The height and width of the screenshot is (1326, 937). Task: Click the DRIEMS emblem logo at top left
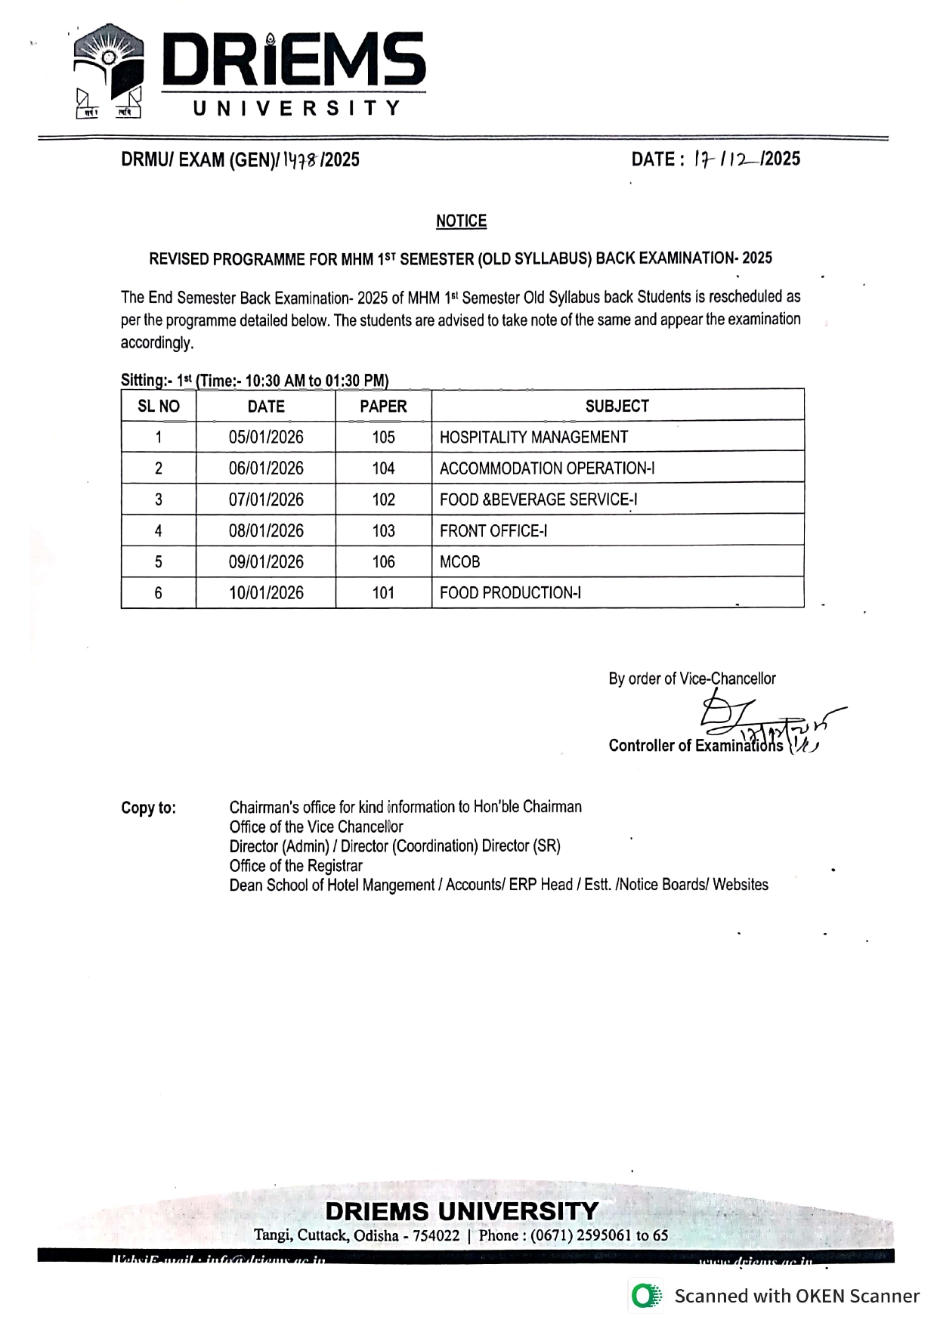[108, 70]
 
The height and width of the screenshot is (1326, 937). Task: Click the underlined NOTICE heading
[461, 221]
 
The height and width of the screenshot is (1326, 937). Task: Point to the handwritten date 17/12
[725, 159]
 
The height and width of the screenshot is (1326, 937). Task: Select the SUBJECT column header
[617, 406]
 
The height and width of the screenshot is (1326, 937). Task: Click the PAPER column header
[383, 406]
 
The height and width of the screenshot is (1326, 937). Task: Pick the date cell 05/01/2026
[266, 437]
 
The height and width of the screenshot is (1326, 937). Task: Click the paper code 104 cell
[383, 468]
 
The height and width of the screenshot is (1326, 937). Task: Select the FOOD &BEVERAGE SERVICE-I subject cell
[538, 499]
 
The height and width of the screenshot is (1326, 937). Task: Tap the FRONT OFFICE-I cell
[493, 531]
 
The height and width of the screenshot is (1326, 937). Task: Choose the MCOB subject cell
[459, 562]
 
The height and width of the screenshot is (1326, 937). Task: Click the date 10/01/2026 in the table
[266, 593]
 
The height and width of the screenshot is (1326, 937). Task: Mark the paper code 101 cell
[383, 593]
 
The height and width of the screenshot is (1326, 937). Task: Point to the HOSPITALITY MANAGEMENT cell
[533, 437]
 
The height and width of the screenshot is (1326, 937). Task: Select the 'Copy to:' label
[148, 808]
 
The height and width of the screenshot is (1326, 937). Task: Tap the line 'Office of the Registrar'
[295, 866]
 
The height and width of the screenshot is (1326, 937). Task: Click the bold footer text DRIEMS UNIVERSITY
[462, 1211]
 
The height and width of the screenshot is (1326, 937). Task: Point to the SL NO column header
[159, 406]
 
